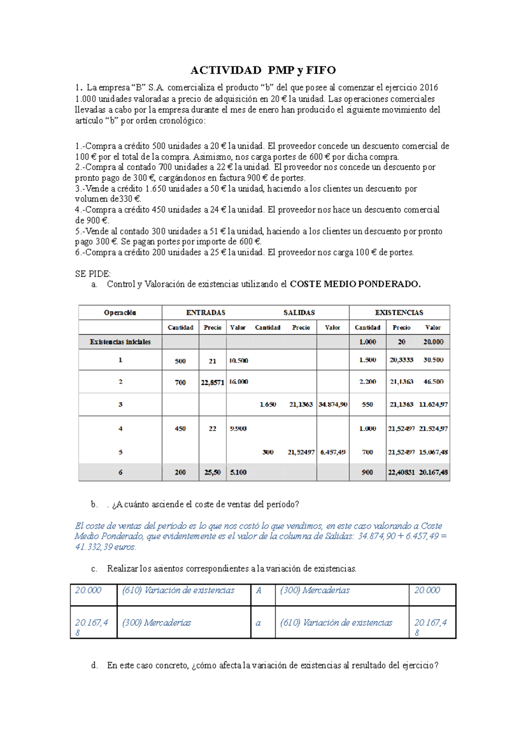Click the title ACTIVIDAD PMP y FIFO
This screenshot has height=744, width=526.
coord(263,70)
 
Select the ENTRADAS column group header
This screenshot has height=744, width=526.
coord(206,312)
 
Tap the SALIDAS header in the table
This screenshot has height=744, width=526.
coord(299,312)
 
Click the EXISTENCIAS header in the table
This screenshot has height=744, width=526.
coord(399,312)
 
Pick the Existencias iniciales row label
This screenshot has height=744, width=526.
coord(120,342)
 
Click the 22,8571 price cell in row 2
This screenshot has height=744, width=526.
coord(213,383)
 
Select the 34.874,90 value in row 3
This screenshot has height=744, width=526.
coord(333,404)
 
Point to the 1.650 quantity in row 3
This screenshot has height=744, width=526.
coord(267,404)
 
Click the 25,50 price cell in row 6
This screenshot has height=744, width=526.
coord(213,472)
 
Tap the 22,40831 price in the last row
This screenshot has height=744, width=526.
coord(401,472)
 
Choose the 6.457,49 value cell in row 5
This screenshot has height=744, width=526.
coord(333,452)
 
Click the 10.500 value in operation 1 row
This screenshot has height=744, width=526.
coord(238,361)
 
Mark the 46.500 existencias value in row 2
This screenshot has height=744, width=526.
coord(433,382)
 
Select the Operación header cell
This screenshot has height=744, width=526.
coord(120,312)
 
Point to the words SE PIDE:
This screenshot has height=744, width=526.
coord(93,274)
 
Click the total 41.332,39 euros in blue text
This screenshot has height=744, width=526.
coord(105,547)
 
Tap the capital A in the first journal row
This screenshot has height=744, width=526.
coord(259,590)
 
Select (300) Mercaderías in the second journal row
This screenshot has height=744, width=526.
coord(156,623)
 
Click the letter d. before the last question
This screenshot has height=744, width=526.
coord(94,665)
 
